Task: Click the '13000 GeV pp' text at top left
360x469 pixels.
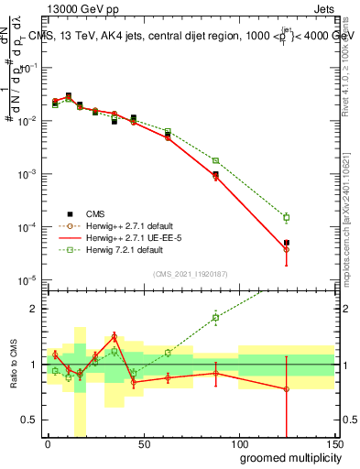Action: coord(72,7)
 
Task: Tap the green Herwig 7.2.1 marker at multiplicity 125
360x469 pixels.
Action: coord(287,217)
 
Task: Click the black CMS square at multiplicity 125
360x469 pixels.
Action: coord(287,243)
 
